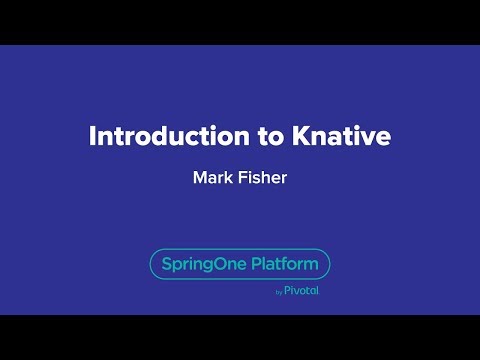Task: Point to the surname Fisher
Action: [263, 180]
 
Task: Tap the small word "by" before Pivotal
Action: [278, 292]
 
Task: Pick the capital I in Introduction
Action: [92, 136]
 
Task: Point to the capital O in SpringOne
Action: [225, 265]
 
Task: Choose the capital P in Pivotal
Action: [287, 291]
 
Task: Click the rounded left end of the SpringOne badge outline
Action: [151, 264]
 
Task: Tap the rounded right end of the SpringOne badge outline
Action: [329, 264]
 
